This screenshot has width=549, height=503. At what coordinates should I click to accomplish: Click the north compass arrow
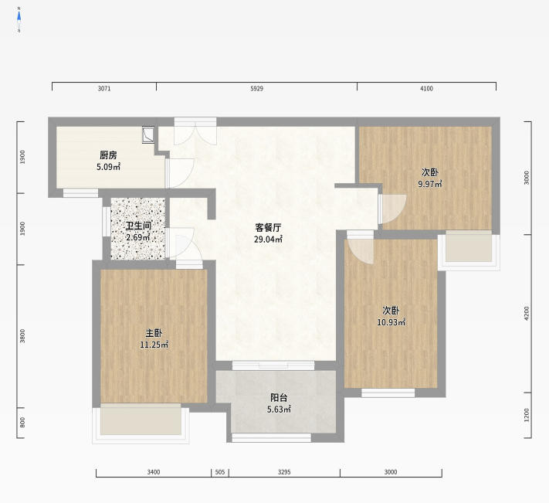(x=19, y=17)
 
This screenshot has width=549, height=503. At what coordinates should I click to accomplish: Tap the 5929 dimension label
(x=256, y=89)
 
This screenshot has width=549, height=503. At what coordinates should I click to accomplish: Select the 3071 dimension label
(x=104, y=89)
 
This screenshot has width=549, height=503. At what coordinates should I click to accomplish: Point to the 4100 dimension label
(x=426, y=89)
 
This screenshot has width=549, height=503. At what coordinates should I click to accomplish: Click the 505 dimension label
(x=220, y=472)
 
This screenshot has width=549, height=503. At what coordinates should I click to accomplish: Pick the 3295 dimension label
(x=284, y=472)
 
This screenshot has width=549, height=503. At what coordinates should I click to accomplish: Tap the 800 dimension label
(x=22, y=423)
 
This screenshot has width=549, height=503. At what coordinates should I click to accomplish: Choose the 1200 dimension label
(x=527, y=415)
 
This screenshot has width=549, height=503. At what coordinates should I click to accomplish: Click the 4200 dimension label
(x=527, y=313)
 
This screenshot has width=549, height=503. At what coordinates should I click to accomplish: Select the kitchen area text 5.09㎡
(x=109, y=167)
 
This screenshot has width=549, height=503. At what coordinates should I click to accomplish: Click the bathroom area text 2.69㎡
(x=138, y=237)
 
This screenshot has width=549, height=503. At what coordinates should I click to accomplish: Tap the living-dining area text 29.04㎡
(x=268, y=240)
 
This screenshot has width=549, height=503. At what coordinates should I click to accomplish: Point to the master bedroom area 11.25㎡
(x=154, y=345)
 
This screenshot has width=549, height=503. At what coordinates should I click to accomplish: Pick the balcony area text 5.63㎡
(x=279, y=410)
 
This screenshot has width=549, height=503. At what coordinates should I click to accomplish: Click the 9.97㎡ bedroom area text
(x=430, y=184)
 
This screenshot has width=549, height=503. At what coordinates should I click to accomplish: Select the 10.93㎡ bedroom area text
(x=391, y=322)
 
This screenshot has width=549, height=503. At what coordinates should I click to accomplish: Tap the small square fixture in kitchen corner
(x=148, y=134)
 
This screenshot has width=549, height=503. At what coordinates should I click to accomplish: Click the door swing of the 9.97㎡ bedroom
(x=394, y=209)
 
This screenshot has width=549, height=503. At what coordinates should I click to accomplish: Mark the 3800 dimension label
(x=22, y=335)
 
